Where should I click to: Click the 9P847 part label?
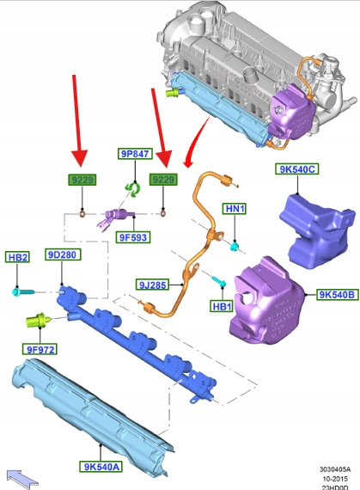135,154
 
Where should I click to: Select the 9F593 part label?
133,237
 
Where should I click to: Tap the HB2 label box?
17,257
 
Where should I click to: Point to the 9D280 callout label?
63,254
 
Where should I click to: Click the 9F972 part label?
40,349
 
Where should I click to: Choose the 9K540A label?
101,467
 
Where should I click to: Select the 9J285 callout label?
153,285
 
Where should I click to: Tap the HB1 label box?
222,306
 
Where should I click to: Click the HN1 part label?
235,208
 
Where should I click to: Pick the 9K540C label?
297,169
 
